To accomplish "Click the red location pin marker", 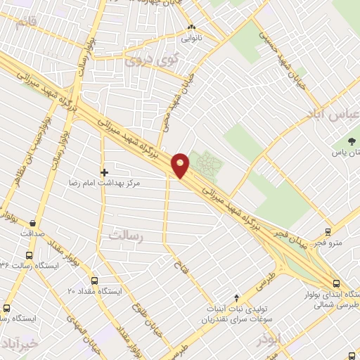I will click(181, 165).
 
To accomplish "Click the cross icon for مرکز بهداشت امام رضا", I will click(104, 172).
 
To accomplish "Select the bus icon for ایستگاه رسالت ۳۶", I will click(30, 256).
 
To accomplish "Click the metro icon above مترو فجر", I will click(328, 231).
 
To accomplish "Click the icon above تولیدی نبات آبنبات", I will click(236, 297).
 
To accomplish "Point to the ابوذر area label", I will click(269, 339).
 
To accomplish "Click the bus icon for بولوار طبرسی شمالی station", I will click(335, 283).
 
